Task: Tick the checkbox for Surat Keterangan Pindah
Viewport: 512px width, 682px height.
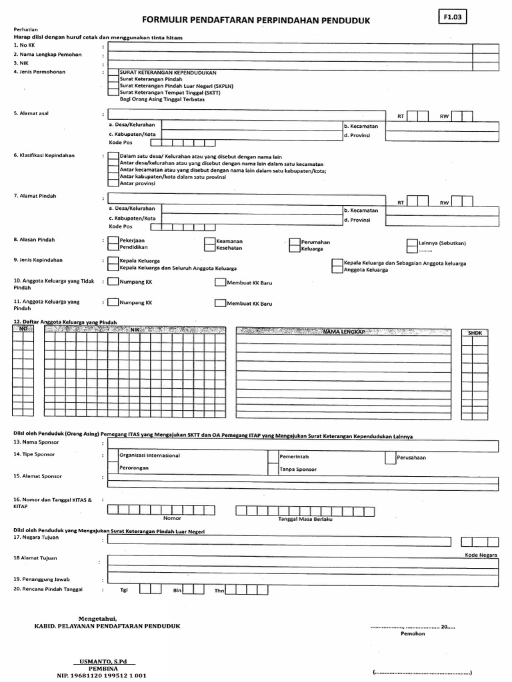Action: coord(113,79)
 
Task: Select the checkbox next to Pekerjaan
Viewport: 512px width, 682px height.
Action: coord(113,241)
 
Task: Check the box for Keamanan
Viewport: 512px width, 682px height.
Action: coord(210,241)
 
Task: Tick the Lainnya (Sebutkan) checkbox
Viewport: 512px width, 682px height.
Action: coord(412,243)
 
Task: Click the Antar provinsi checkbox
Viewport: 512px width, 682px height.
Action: coord(113,183)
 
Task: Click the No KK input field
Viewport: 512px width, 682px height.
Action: coord(287,47)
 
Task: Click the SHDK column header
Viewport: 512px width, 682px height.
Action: coord(474,332)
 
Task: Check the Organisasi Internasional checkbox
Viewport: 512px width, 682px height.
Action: coord(113,457)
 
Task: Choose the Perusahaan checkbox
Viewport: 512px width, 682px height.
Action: coord(390,458)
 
